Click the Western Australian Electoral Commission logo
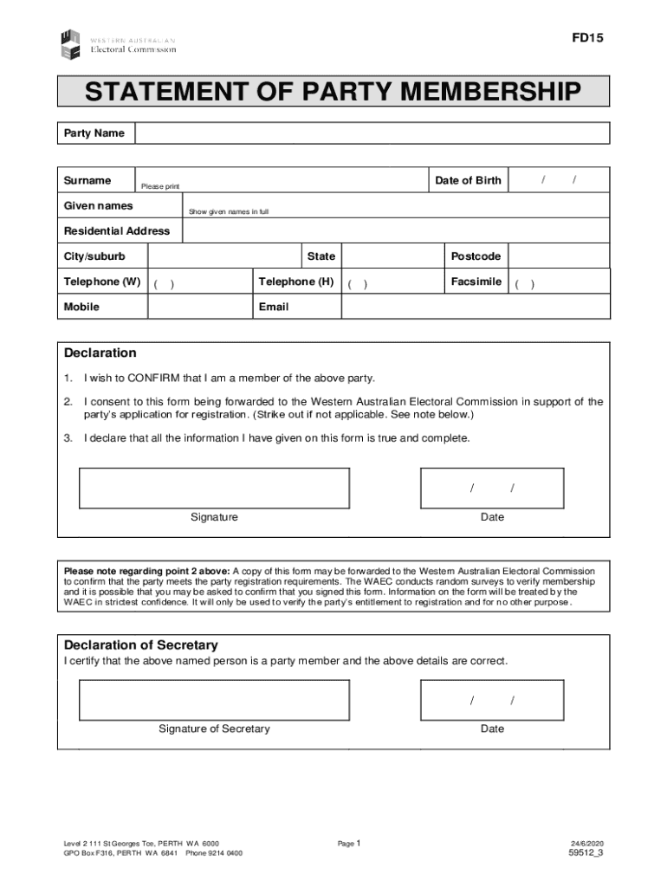pos(118,44)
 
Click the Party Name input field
pos(372,133)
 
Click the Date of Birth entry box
pos(559,180)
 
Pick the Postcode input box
pos(559,256)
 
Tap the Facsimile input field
pos(559,282)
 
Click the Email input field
pos(476,308)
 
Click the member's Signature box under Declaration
pos(214,489)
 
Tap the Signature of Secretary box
pos(214,700)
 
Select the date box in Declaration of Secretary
pos(492,700)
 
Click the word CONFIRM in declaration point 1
pos(153,379)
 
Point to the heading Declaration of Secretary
pos(141,645)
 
